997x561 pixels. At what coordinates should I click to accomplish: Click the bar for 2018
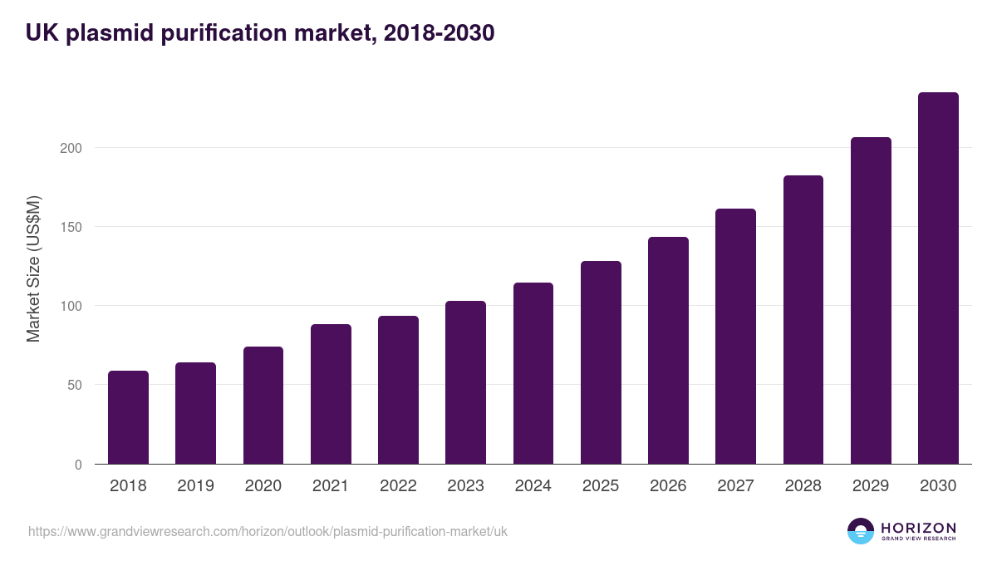(x=128, y=417)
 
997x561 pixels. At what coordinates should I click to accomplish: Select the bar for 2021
(x=331, y=394)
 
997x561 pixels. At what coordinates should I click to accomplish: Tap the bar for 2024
(x=533, y=373)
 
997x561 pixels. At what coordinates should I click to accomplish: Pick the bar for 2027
(x=735, y=337)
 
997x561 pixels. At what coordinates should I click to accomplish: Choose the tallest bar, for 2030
(x=938, y=278)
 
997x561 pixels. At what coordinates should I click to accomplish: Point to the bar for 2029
(x=871, y=301)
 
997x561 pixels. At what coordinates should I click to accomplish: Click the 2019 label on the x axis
(x=195, y=486)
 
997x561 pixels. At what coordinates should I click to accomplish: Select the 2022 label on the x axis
(x=398, y=486)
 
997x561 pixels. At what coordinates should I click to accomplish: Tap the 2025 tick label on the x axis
(x=601, y=486)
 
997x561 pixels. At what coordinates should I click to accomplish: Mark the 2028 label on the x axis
(x=803, y=486)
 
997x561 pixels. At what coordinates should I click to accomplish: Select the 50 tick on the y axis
(x=74, y=385)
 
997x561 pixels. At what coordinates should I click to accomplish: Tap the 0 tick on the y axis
(x=78, y=465)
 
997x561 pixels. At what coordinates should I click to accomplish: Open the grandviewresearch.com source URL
(x=268, y=531)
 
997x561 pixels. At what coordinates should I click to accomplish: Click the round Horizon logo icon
(x=861, y=531)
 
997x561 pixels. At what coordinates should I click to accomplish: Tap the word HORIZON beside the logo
(x=918, y=528)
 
